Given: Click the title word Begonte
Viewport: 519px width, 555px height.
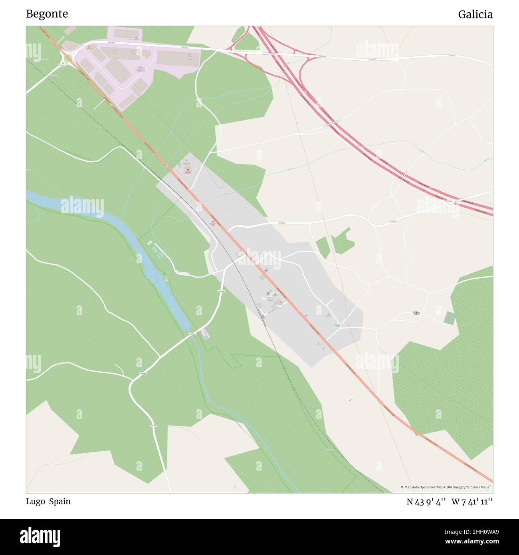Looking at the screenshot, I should pos(47,14).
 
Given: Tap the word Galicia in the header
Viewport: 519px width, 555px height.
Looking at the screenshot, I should pos(475,15).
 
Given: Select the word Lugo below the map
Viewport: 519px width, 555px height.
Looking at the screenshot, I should pos(36,501).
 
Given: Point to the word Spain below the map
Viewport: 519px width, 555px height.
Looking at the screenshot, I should pos(60,501).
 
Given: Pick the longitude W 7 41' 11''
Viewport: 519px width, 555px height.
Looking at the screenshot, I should pos(472,502).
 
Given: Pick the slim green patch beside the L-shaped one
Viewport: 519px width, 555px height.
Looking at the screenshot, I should pos(323,247).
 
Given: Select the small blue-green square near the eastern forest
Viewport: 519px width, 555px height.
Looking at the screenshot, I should pos(450,318).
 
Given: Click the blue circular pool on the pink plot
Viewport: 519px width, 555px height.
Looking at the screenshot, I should pos(206,337).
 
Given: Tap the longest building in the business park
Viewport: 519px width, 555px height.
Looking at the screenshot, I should pos(178,58).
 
